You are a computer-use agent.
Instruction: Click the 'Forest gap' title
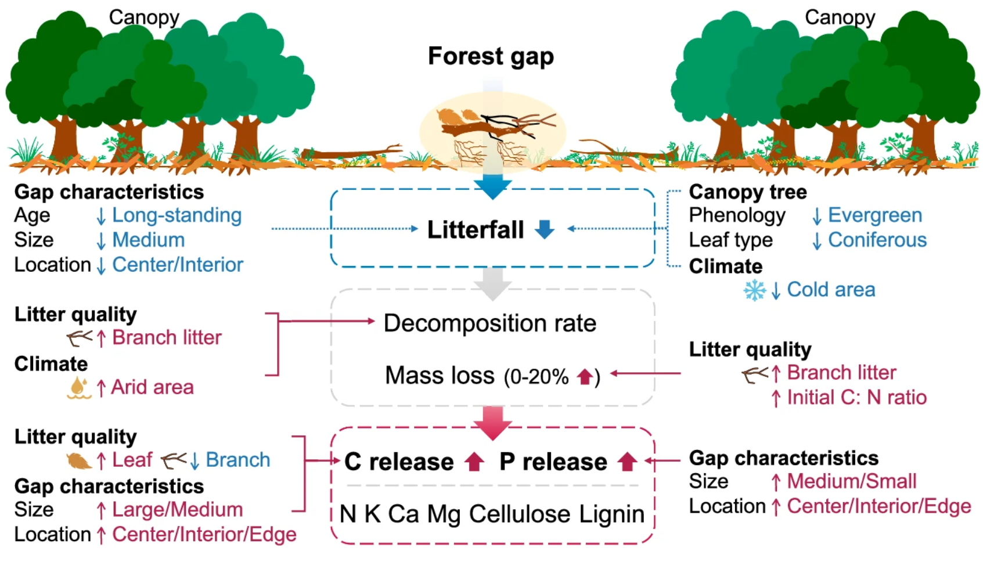pyautogui.click(x=491, y=56)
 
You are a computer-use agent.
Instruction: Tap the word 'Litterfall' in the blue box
pyautogui.click(x=476, y=229)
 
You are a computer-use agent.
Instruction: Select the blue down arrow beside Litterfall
pyautogui.click(x=545, y=229)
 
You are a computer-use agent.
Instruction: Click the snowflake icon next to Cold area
pyautogui.click(x=754, y=290)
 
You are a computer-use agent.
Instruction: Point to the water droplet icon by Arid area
pyautogui.click(x=78, y=387)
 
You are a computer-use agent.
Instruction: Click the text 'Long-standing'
pyautogui.click(x=177, y=215)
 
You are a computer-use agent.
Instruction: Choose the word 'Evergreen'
pyautogui.click(x=874, y=215)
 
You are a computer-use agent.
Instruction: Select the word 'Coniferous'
pyautogui.click(x=877, y=240)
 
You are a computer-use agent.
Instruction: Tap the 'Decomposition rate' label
pyautogui.click(x=489, y=323)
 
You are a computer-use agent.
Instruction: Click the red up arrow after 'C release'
pyautogui.click(x=474, y=462)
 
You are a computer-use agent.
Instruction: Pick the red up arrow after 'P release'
pyautogui.click(x=627, y=462)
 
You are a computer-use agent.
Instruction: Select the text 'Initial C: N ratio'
pyautogui.click(x=856, y=398)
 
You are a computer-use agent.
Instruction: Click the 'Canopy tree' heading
pyautogui.click(x=747, y=192)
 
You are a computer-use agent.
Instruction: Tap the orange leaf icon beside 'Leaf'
pyautogui.click(x=78, y=461)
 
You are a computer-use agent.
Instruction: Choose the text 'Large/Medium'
pyautogui.click(x=177, y=510)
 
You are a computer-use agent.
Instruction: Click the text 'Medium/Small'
pyautogui.click(x=851, y=481)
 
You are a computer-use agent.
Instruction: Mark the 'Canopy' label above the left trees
pyautogui.click(x=144, y=17)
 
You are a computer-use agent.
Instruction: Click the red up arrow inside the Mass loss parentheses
pyautogui.click(x=585, y=377)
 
